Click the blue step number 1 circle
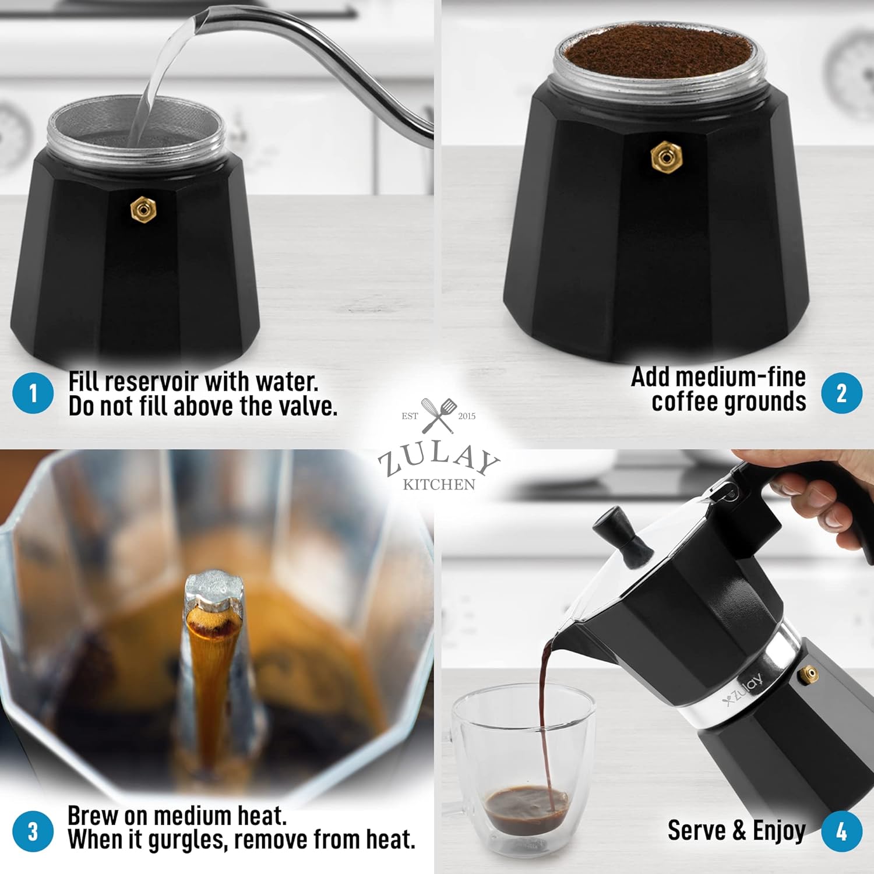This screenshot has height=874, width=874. (33, 393)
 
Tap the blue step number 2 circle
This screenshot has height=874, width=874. (841, 393)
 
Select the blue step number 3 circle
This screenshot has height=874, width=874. (33, 831)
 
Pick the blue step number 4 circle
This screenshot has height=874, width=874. (841, 831)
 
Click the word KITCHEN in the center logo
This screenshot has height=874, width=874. (439, 485)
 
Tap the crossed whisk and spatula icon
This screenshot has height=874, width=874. (439, 415)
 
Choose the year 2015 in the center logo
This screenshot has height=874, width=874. (467, 416)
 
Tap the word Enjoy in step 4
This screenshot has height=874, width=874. (779, 830)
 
